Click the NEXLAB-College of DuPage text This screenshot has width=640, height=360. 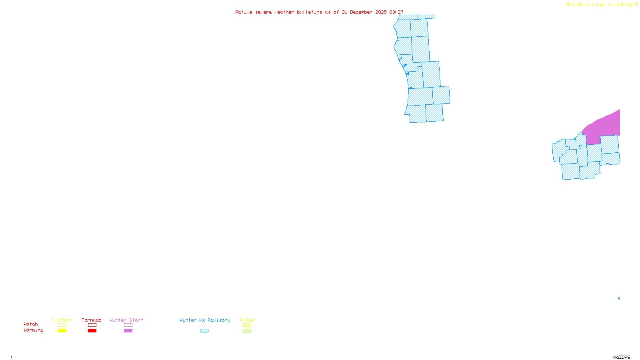[x=599, y=5]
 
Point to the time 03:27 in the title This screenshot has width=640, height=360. [x=396, y=12]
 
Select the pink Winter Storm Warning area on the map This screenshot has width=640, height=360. [x=604, y=126]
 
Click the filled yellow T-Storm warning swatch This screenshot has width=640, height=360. [x=62, y=331]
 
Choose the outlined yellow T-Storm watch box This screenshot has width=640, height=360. [x=62, y=325]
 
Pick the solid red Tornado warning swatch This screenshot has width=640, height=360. [x=92, y=331]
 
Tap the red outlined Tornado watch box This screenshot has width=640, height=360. [x=92, y=325]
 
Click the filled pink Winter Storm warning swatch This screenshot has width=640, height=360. [x=128, y=331]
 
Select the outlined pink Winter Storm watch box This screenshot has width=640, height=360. [x=128, y=325]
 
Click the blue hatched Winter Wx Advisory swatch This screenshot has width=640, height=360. [x=204, y=331]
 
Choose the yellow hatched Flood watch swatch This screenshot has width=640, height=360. [x=247, y=325]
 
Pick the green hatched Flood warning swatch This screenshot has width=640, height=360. [x=247, y=331]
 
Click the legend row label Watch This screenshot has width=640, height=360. [x=31, y=324]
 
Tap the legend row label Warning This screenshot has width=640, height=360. [x=34, y=330]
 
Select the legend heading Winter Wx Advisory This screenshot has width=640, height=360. [x=205, y=320]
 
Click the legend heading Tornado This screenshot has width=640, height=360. [x=92, y=320]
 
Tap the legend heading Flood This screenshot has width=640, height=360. [x=247, y=320]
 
